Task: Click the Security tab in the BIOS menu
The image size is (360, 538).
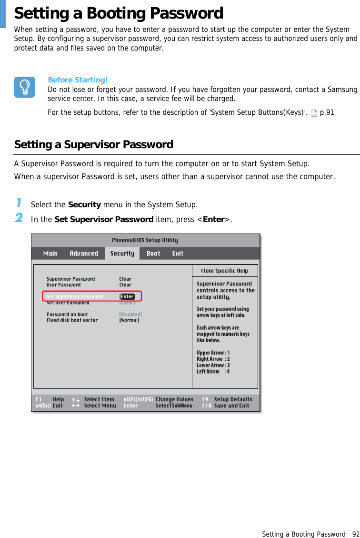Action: coord(122,254)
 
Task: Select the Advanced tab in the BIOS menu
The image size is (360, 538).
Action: coord(84,254)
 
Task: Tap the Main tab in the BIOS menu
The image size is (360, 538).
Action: coord(50,254)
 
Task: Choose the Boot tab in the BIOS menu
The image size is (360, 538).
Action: coord(153,254)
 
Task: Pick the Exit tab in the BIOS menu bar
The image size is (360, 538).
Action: coord(178,254)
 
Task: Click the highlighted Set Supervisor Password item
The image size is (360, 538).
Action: coord(75,296)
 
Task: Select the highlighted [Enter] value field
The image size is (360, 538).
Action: coord(127,296)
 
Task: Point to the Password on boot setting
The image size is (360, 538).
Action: coord(67,315)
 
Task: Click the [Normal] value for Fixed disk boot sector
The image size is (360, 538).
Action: coord(129,321)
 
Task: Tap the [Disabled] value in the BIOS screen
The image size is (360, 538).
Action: coord(130,315)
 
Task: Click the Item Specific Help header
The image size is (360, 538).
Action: coord(224,271)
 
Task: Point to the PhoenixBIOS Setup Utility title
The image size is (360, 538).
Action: coord(145,240)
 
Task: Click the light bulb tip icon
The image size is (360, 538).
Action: coord(24,87)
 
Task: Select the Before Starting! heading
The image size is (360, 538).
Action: coord(78,80)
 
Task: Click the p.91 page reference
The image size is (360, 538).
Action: coord(327,113)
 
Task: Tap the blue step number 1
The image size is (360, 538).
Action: coord(19,203)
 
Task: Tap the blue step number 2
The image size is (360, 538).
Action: coord(19,218)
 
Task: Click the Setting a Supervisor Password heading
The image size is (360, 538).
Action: coord(94,144)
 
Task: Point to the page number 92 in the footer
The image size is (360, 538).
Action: coord(355,534)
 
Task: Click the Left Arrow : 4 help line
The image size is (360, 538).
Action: coord(213,372)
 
